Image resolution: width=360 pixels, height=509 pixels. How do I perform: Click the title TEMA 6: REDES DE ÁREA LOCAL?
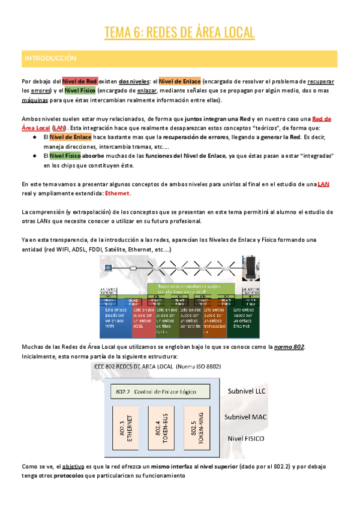coord(179,32)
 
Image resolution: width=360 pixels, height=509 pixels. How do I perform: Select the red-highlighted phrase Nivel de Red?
coord(80,81)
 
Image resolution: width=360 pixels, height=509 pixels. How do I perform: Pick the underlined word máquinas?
coord(35,100)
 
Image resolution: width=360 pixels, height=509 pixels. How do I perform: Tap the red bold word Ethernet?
coord(117,193)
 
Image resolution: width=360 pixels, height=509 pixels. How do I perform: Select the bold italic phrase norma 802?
coord(289,346)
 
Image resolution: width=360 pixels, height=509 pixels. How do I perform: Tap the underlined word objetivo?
coord(71,466)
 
